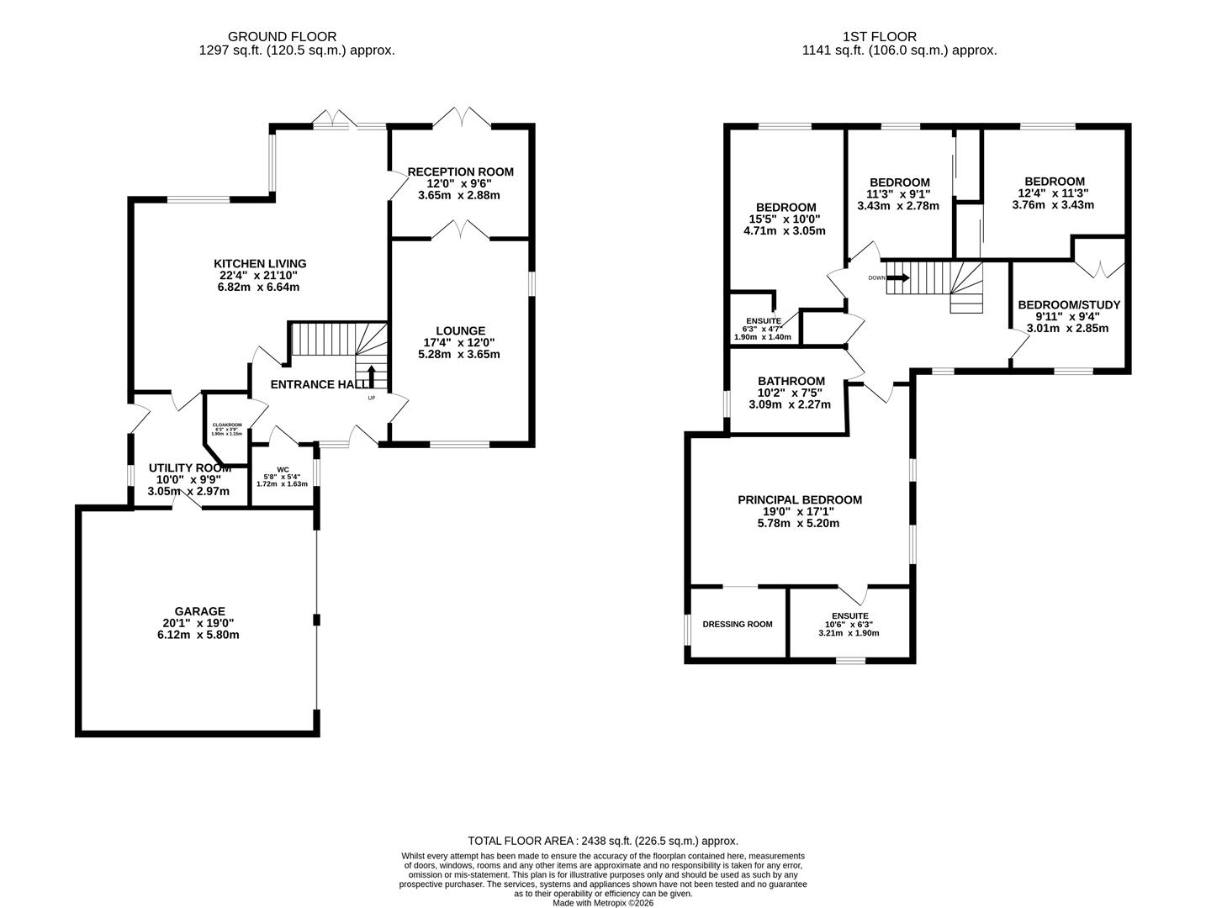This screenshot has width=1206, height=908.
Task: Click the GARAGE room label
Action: (199, 611)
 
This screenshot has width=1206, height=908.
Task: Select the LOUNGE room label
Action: (459, 330)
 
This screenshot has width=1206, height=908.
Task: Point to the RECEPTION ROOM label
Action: (460, 172)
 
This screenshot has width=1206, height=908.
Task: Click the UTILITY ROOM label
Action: (189, 468)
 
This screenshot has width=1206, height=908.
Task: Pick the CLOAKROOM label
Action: (226, 425)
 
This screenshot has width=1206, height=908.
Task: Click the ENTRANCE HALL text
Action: (318, 384)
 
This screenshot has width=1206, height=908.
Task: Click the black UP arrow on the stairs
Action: (372, 376)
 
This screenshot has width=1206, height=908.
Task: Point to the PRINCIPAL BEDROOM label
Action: (799, 499)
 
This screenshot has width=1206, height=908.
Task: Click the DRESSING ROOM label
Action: (737, 624)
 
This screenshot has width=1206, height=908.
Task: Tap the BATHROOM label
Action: (791, 381)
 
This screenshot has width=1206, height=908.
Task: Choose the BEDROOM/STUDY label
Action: (1068, 305)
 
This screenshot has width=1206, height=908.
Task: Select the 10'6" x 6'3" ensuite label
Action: (849, 625)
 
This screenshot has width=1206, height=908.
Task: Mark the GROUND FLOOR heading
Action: (282, 36)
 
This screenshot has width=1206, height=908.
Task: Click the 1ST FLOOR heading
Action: (879, 36)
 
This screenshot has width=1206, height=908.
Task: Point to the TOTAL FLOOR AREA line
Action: (602, 841)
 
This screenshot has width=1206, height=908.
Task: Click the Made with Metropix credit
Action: (602, 903)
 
